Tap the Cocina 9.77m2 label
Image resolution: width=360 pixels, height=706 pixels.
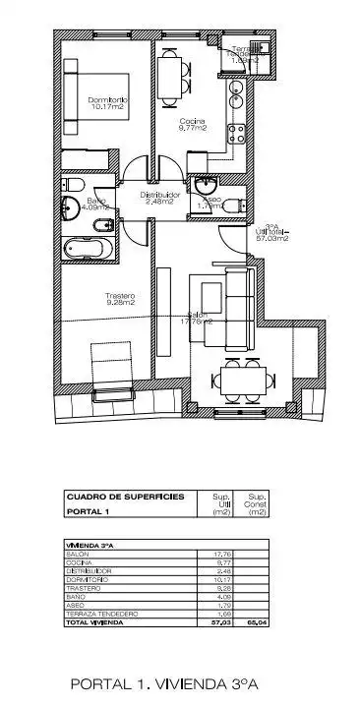pyautogui.click(x=193, y=123)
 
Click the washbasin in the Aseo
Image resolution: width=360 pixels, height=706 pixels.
pyautogui.click(x=208, y=186)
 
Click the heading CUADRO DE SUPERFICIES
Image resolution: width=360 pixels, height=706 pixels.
pyautogui.click(x=125, y=498)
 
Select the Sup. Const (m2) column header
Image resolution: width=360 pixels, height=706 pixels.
pyautogui.click(x=257, y=504)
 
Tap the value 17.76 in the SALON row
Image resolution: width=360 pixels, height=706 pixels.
pyautogui.click(x=221, y=555)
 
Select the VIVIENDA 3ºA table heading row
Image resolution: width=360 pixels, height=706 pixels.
pyautogui.click(x=89, y=545)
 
